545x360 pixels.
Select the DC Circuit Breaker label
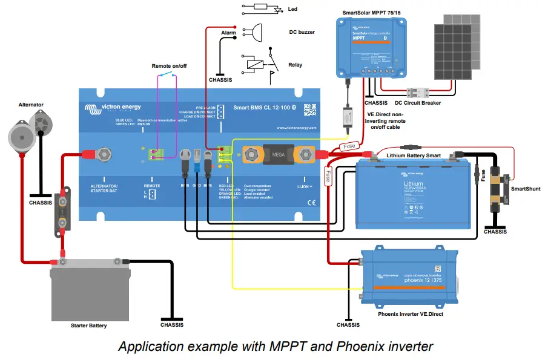(418, 103)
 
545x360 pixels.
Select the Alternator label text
(31, 105)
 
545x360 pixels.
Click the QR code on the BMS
(310, 110)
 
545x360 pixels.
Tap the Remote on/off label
(168, 65)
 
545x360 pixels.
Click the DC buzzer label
(302, 32)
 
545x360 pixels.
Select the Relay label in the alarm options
(295, 65)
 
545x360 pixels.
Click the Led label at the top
(293, 9)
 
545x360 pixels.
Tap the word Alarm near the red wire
(228, 33)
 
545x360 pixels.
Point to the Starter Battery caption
(88, 326)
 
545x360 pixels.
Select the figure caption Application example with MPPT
(276, 347)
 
